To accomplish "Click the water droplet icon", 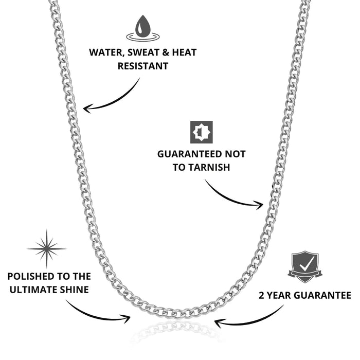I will pyautogui.click(x=142, y=27).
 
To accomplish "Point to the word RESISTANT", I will pyautogui.click(x=142, y=66).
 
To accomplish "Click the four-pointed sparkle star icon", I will pyautogui.click(x=47, y=249).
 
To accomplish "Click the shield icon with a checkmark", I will pyautogui.click(x=305, y=266).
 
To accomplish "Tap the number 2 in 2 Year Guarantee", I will pyautogui.click(x=261, y=296).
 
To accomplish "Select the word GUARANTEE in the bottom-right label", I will pyautogui.click(x=324, y=296).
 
